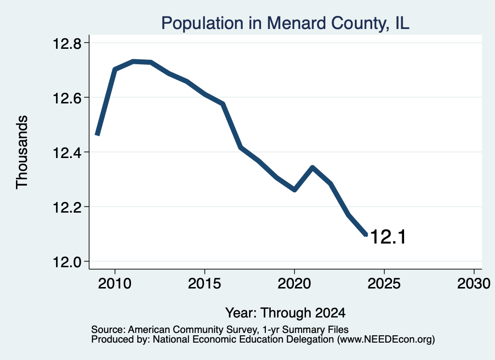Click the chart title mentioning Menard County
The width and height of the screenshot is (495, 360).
[285, 23]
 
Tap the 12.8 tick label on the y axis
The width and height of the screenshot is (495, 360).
[67, 43]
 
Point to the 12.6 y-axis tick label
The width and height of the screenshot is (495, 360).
[67, 98]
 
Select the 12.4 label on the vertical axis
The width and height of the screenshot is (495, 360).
[67, 153]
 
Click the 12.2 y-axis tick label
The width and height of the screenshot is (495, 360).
[67, 207]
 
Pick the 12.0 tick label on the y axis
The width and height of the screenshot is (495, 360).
[67, 262]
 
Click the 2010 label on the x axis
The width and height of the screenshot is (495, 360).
[115, 283]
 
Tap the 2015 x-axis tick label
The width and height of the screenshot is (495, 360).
[204, 283]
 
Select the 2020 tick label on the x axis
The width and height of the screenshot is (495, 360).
[294, 283]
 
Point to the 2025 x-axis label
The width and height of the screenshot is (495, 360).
[384, 283]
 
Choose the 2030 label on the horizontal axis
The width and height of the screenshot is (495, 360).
[474, 283]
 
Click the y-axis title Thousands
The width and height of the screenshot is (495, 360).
[22, 152]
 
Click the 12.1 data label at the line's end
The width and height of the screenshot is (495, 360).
[388, 237]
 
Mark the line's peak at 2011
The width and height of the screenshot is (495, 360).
[133, 61]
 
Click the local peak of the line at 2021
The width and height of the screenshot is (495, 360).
[313, 167]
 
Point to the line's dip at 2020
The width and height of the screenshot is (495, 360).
[294, 190]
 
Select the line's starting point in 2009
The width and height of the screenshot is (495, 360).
[98, 135]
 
